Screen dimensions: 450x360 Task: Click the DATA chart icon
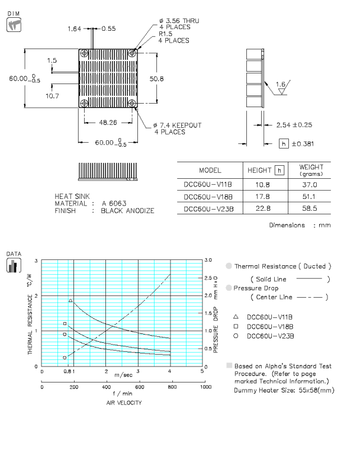pyautogui.click(x=12, y=263)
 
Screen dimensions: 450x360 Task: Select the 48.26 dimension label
pyautogui.click(x=107, y=123)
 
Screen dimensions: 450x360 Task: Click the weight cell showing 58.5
pyautogui.click(x=310, y=209)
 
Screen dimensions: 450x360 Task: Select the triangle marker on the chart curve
pyautogui.click(x=70, y=301)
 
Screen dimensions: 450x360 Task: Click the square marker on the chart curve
pyautogui.click(x=65, y=323)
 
